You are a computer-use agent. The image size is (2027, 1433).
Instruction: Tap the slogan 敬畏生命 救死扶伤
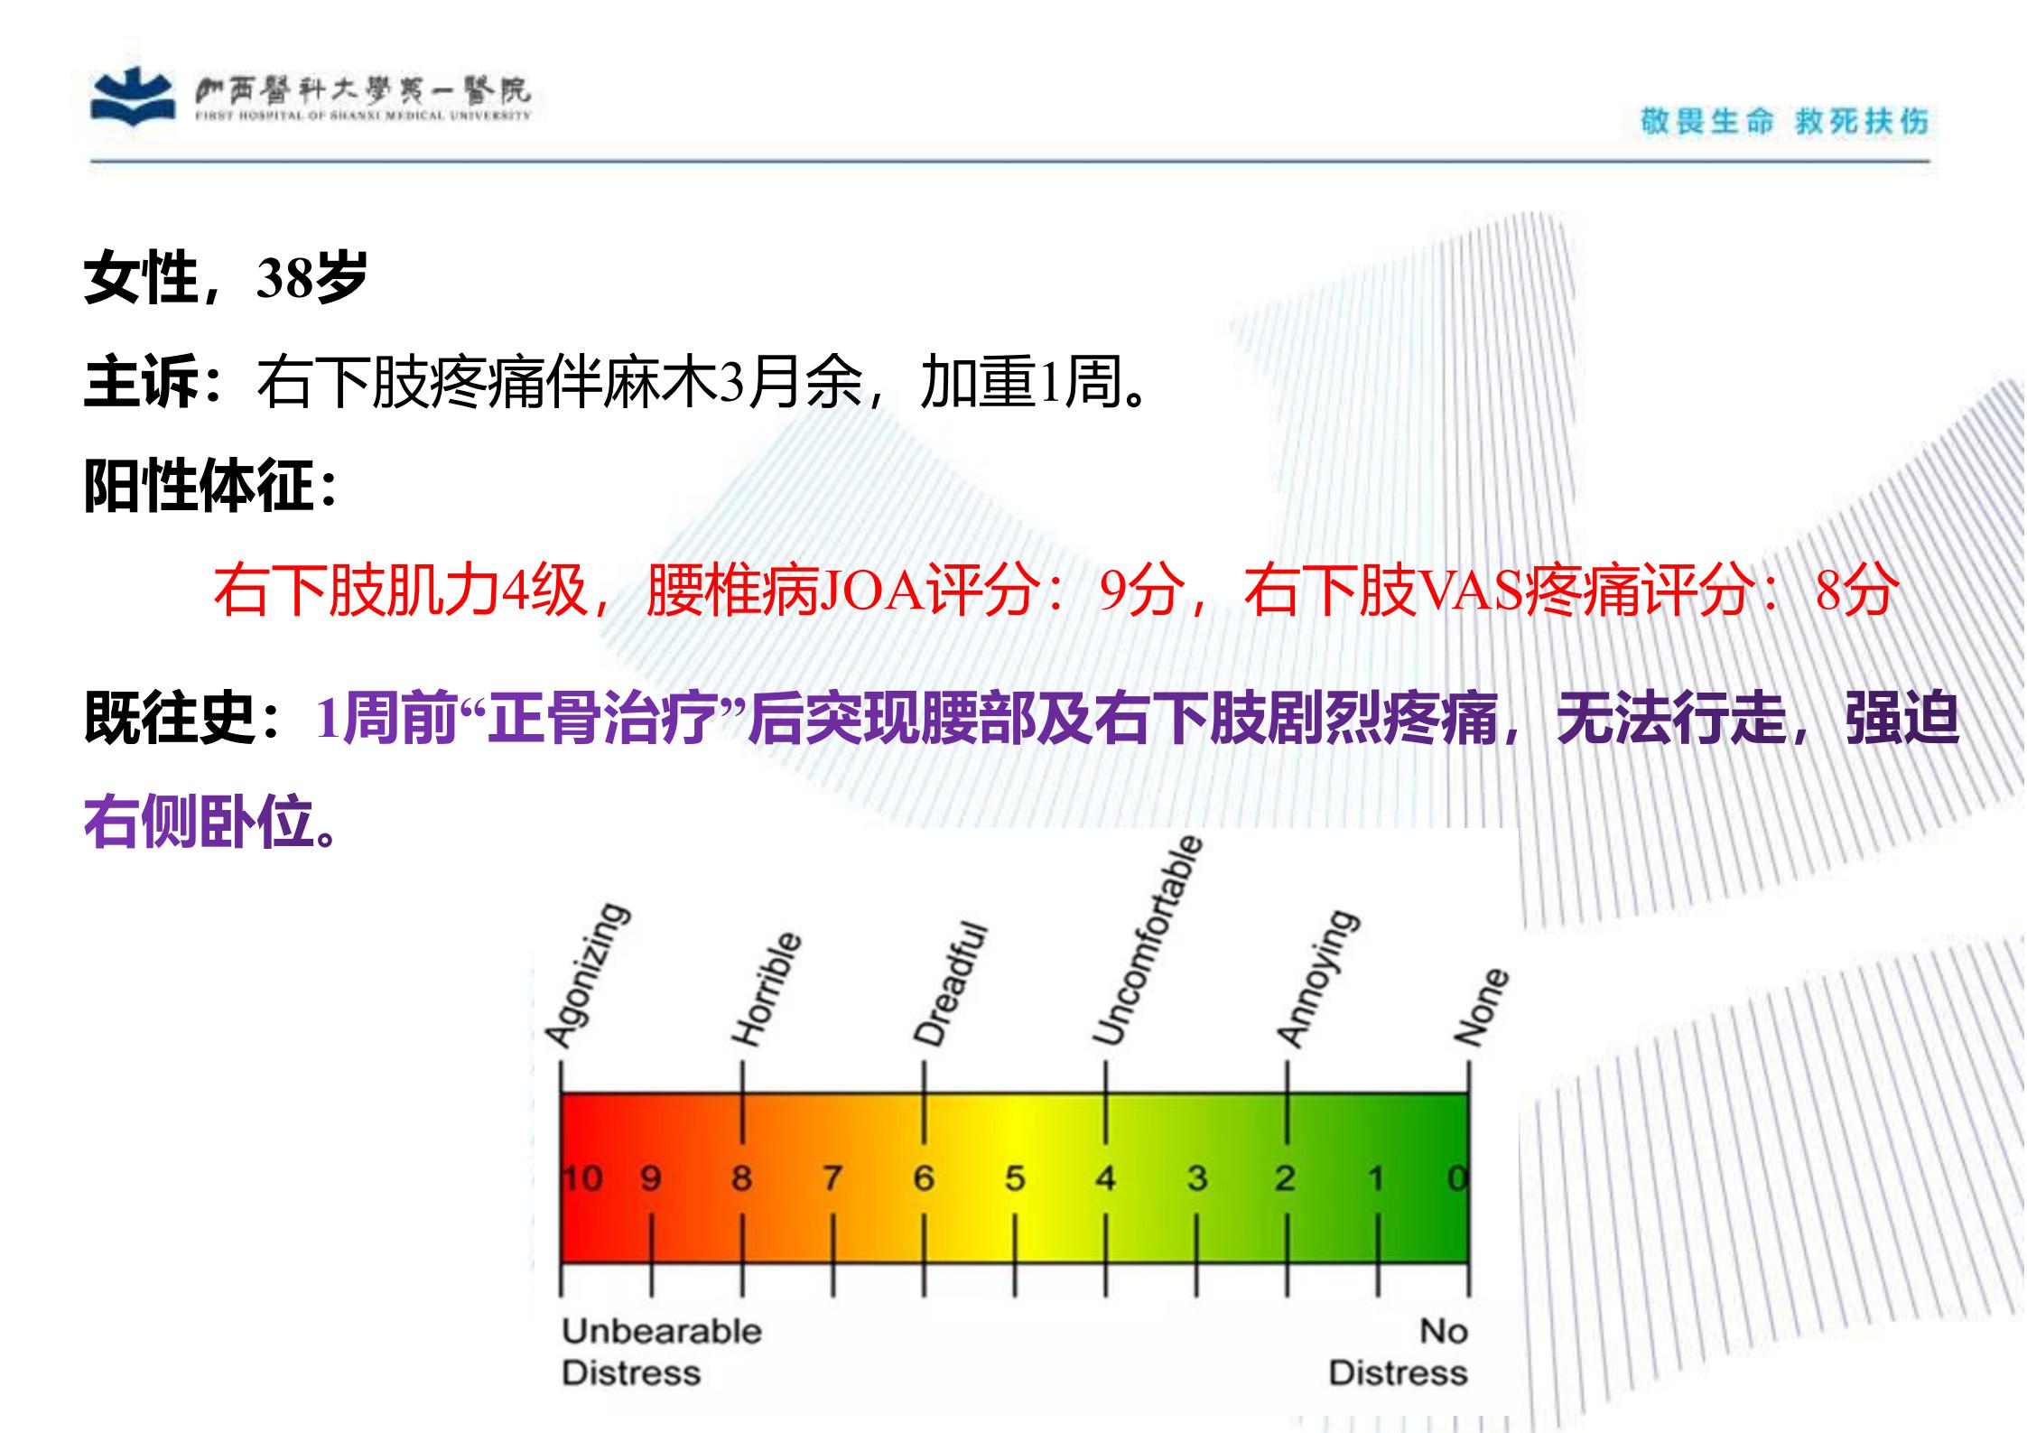click(x=1784, y=121)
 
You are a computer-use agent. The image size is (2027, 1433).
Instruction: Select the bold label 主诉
click(x=140, y=382)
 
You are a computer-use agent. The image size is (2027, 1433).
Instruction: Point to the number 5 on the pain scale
click(x=1015, y=1177)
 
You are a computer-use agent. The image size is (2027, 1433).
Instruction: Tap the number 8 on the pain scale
click(x=741, y=1177)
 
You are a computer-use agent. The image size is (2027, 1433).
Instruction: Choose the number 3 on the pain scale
click(x=1197, y=1177)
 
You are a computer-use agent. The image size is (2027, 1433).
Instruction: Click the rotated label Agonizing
click(x=587, y=976)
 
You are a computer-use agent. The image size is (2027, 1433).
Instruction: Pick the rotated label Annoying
click(x=1316, y=979)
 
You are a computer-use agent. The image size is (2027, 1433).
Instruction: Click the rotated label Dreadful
click(x=950, y=984)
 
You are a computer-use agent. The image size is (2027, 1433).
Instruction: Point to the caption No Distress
click(x=1398, y=1352)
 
